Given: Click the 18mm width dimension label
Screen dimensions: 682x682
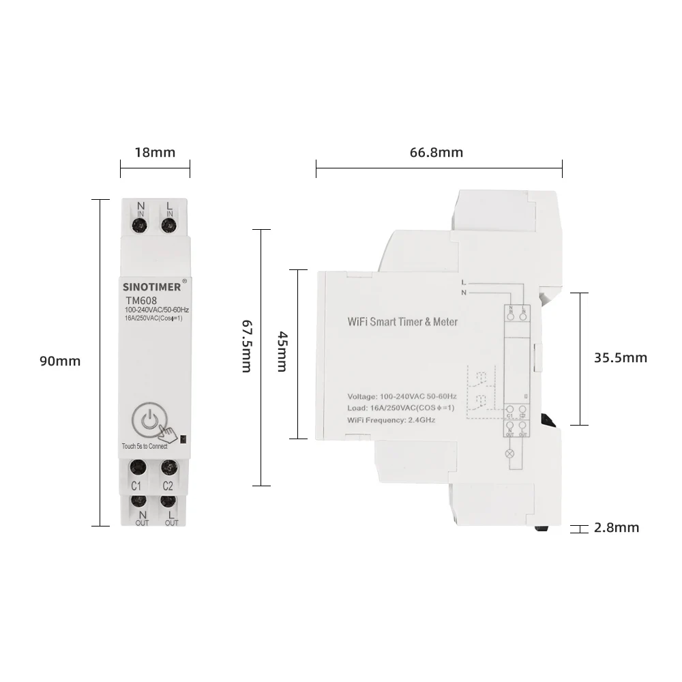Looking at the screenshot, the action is [154, 152].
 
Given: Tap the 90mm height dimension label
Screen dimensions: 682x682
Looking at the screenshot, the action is [60, 361].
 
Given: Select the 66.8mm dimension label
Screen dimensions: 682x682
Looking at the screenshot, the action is [436, 152].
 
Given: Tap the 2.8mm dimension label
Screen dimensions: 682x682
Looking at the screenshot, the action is [617, 527].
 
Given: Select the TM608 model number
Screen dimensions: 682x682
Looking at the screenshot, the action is [140, 299].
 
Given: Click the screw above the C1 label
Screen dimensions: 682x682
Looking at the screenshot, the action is [137, 468].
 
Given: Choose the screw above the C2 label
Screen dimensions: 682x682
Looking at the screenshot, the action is [168, 468].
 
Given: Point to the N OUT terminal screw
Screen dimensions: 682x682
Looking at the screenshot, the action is [141, 501].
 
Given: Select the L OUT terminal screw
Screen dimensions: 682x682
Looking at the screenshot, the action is [168, 501].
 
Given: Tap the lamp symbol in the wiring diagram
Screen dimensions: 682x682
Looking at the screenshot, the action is [508, 453].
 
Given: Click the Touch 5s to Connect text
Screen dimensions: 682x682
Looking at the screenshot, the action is [144, 446].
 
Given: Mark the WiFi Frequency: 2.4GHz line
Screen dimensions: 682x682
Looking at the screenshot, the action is [391, 419].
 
